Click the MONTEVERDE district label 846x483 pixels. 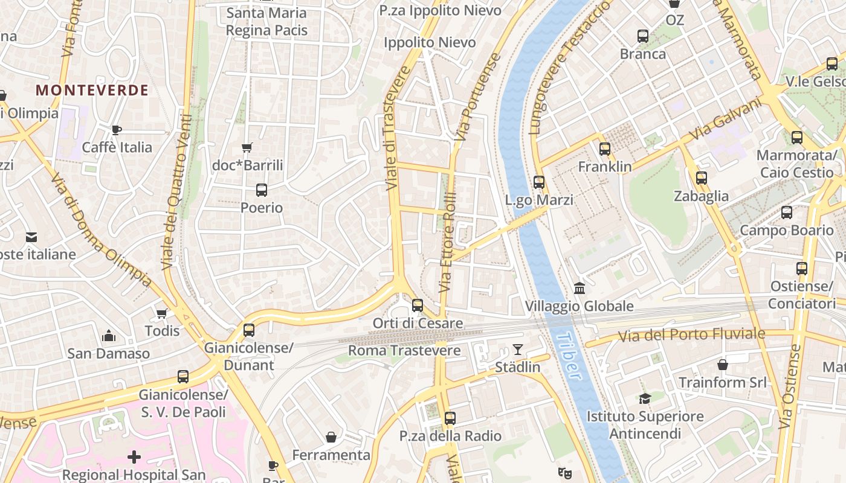click(92, 91)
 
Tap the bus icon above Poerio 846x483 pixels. click(262, 190)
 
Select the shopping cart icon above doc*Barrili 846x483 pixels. click(247, 147)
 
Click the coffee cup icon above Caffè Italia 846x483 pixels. click(117, 130)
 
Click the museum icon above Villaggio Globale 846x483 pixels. click(580, 289)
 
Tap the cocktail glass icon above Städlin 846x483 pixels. click(518, 349)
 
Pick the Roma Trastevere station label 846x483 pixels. click(404, 350)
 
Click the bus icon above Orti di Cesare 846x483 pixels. click(418, 305)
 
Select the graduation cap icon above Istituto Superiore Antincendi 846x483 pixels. click(645, 398)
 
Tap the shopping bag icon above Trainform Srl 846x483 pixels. click(722, 365)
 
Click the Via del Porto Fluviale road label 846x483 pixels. click(683, 334)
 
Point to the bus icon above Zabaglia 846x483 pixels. click(701, 178)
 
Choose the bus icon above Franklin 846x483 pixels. click(604, 149)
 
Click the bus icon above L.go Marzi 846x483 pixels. click(539, 182)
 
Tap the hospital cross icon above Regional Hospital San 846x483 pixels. click(134, 457)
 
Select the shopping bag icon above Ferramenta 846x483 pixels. click(331, 437)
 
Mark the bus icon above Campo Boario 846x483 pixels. click(786, 213)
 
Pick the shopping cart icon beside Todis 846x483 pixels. click(161, 313)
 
